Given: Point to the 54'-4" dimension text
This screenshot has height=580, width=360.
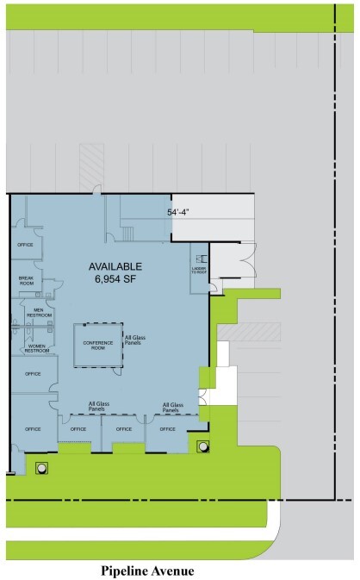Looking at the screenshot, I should [x=182, y=210].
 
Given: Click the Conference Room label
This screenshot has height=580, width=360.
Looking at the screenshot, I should [x=98, y=346].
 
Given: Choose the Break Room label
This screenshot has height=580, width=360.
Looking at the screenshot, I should [x=26, y=281].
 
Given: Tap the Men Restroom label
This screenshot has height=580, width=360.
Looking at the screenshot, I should [x=37, y=313].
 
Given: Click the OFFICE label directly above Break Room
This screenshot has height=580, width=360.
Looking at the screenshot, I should [x=25, y=245].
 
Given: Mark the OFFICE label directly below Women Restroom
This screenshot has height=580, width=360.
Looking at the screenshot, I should [x=33, y=374].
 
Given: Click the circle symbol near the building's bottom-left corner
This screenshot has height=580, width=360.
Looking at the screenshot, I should [x=40, y=468].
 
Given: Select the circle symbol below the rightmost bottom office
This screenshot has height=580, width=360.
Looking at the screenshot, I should [x=202, y=446].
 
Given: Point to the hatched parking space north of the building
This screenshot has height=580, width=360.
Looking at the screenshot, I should [x=91, y=164].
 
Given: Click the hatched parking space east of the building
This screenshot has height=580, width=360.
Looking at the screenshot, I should [x=250, y=331].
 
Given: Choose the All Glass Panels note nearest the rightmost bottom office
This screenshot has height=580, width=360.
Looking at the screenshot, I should [x=172, y=406].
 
